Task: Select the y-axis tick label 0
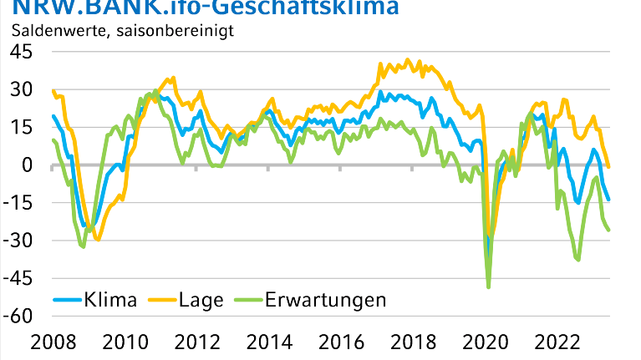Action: click(27, 165)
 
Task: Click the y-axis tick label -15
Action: click(18, 203)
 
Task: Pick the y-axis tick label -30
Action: click(18, 241)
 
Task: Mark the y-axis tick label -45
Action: click(18, 279)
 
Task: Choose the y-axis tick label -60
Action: click(18, 317)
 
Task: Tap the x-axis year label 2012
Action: click(196, 342)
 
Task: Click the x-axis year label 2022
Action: click(559, 342)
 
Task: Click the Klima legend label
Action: click(109, 299)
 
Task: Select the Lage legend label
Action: click(201, 299)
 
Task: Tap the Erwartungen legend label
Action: click(325, 299)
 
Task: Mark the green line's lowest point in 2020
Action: click(488, 287)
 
